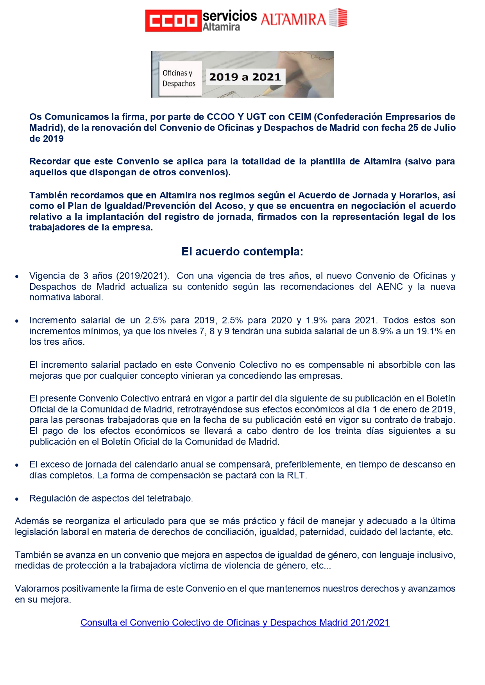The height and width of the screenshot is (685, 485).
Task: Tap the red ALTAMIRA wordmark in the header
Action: point(293,20)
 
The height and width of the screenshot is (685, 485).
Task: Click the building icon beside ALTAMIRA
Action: point(338,18)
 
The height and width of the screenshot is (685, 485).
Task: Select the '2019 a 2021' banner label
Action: point(245,77)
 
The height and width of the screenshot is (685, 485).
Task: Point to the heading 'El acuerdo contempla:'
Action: point(242,252)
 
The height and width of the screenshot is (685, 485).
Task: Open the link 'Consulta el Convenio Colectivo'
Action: point(235,623)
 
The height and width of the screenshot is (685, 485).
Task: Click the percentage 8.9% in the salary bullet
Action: point(381,331)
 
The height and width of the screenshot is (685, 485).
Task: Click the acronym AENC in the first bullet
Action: point(390,287)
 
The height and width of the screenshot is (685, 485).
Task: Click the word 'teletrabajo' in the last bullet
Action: point(168,498)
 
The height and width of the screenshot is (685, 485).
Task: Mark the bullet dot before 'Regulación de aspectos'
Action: point(17,499)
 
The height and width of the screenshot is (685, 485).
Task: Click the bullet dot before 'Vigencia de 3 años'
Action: point(17,276)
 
